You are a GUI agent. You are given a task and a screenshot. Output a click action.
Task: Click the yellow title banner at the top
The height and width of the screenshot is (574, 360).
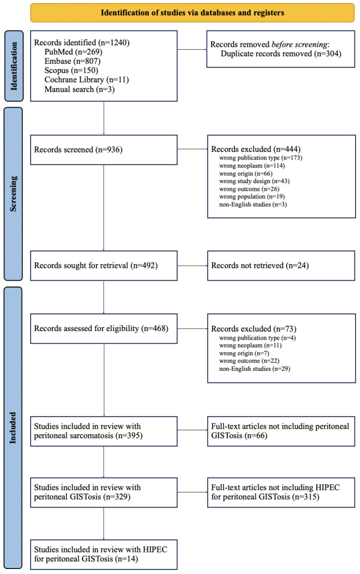(x=193, y=13)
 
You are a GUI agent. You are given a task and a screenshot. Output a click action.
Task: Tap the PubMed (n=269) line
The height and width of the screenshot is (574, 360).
(x=73, y=52)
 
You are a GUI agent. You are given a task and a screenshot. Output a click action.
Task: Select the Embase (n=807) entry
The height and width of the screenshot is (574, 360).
(x=72, y=61)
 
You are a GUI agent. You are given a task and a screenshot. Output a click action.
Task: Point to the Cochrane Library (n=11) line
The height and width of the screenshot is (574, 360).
(x=86, y=80)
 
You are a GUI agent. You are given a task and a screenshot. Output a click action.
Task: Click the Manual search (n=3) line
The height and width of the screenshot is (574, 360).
(x=79, y=89)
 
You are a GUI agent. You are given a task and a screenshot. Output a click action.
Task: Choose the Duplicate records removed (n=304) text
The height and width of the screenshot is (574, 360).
(x=281, y=54)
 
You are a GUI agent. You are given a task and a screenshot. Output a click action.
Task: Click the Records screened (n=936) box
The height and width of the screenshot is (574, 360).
(x=104, y=150)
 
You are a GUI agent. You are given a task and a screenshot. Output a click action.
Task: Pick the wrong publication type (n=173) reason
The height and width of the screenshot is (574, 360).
(x=261, y=158)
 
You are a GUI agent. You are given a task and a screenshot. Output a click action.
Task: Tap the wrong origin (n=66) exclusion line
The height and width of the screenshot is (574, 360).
(x=246, y=174)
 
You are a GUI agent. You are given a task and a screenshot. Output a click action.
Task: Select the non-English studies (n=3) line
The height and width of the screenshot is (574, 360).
(x=253, y=204)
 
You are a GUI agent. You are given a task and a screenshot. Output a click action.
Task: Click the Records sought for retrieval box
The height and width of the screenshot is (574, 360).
(x=104, y=266)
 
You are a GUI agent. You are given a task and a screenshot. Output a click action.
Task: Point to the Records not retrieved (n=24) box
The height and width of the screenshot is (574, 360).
(x=281, y=266)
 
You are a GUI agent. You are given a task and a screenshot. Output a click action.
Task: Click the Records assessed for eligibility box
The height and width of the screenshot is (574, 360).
(x=104, y=329)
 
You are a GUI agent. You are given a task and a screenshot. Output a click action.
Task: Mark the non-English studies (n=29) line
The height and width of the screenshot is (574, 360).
(x=254, y=369)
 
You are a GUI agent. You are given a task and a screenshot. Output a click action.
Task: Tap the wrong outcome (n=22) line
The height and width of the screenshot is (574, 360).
(x=249, y=361)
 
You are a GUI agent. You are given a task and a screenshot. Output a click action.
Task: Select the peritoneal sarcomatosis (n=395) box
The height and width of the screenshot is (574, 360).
(x=104, y=431)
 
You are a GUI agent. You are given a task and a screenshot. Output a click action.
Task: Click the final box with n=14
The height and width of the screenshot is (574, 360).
(x=104, y=554)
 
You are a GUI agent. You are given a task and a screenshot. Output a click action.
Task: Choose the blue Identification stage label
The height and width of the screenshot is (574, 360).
(x=14, y=66)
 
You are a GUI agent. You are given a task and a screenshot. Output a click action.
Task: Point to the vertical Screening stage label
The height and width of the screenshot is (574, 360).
(x=13, y=194)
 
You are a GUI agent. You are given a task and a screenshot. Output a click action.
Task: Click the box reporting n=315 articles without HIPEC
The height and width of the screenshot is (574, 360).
(x=281, y=493)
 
